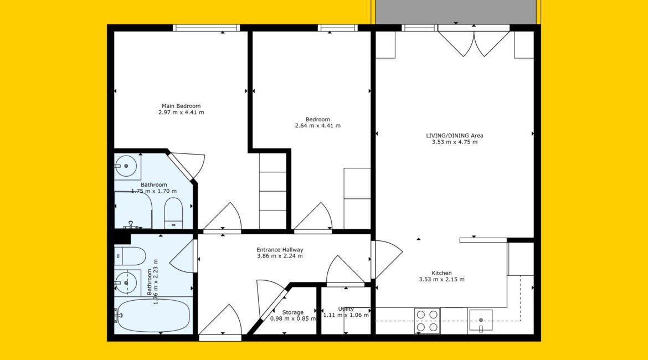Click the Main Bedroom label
[x=181, y=106]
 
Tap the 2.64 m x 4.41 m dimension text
[x=318, y=126]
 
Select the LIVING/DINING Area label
[x=455, y=136]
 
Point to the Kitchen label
[x=442, y=273]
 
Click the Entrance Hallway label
[x=280, y=250]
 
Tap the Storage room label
[x=293, y=312]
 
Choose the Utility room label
[x=346, y=308]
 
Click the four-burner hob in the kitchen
[x=427, y=321]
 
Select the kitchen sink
[x=481, y=320]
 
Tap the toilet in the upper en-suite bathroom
[x=173, y=213]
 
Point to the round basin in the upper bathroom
[x=126, y=166]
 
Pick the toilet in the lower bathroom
[x=130, y=256]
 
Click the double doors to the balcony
[x=474, y=42]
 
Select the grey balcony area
[x=456, y=12]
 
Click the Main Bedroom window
[x=206, y=28]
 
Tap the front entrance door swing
[x=223, y=320]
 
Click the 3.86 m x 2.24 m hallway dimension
[x=280, y=256]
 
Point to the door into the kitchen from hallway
[x=387, y=259]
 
